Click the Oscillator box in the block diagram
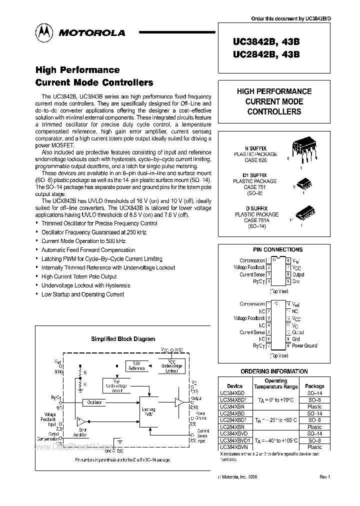tap(94, 401)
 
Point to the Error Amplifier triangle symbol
tap(80, 423)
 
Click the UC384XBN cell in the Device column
tap(232, 406)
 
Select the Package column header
tap(314, 386)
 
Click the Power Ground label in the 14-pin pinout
tap(304, 345)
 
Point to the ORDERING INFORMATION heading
tap(274, 371)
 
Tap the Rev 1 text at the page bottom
tap(325, 477)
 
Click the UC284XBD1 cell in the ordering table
tap(233, 420)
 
